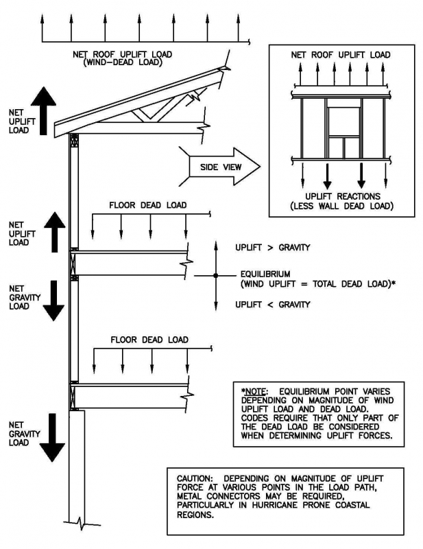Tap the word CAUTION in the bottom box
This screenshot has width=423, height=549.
point(197,478)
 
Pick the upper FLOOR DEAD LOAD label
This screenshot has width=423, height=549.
point(148,205)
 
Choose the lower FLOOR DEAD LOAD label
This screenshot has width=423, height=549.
point(148,339)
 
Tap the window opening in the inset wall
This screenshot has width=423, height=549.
point(342,119)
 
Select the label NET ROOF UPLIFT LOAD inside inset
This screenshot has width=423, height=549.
point(341,55)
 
